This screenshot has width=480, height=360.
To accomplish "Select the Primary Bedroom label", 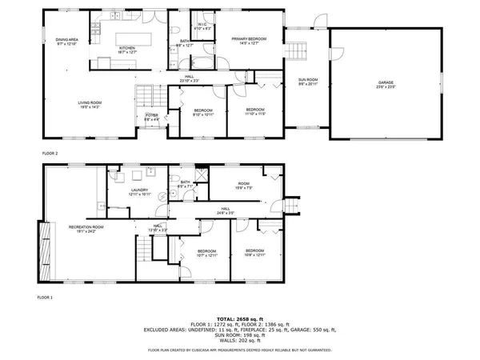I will (249, 40).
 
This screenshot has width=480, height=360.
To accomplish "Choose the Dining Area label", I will (66, 41).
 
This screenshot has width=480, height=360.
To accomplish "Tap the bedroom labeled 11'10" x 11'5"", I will (254, 111).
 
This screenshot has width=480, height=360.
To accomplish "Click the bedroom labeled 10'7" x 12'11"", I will (206, 253).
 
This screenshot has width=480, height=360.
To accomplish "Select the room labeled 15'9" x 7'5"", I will (243, 185).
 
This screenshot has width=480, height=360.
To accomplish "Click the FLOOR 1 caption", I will (46, 297).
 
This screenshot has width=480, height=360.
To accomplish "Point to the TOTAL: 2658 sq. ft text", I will (240, 319).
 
